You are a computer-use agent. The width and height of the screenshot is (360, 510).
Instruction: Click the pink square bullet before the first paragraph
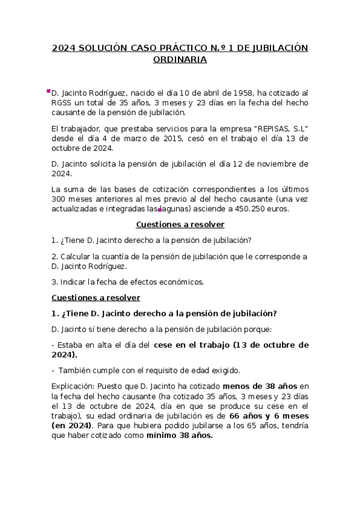[x=48, y=91]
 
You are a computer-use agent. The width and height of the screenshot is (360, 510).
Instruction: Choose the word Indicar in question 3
[x=75, y=281]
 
